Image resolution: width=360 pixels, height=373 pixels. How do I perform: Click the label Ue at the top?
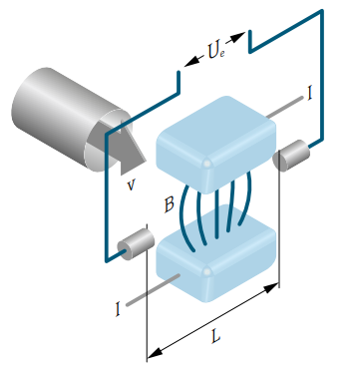coord(216,52)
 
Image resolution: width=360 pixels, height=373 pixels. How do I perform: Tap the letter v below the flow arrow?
coord(132,186)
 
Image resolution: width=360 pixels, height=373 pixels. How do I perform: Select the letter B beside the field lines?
coord(170,204)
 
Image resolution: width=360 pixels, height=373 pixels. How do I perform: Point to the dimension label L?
coord(215,336)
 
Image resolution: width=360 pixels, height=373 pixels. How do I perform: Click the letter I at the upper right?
coord(310,94)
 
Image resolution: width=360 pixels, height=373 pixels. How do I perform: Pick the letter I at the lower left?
coord(118,309)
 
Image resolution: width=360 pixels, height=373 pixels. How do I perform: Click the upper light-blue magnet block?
coord(216,145)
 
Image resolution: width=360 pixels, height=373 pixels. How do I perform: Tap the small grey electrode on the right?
coord(291,156)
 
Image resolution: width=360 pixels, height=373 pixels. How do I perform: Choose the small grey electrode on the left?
coord(136,244)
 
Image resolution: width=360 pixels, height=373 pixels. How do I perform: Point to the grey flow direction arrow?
coord(128,147)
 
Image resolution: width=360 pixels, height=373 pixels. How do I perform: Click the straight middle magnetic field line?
coord(216,213)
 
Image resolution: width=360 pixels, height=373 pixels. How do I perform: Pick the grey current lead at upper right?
coord(285,107)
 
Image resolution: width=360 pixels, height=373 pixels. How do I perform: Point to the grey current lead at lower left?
coord(153,290)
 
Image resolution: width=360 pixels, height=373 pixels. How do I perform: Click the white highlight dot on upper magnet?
coord(207,164)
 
